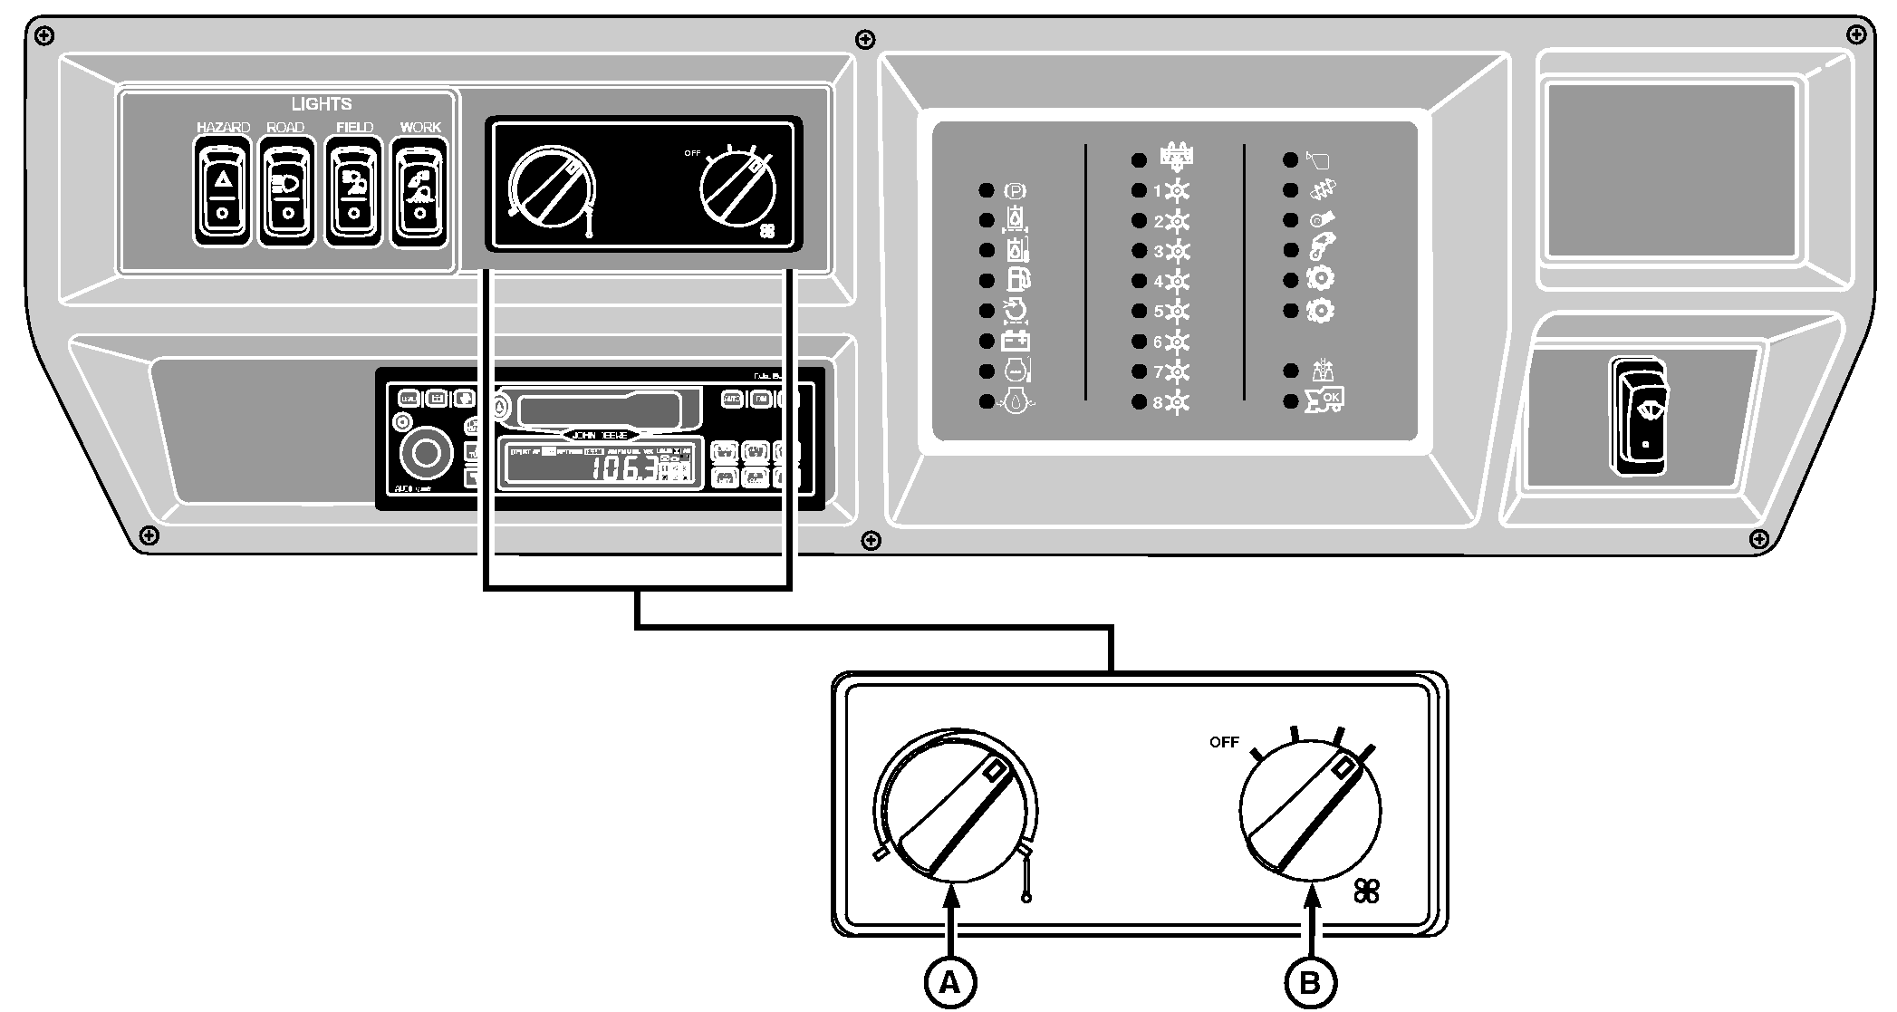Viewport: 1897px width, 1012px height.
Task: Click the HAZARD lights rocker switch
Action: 222,191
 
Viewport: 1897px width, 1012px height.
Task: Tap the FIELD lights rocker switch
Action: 353,191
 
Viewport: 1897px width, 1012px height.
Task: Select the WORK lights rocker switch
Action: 419,191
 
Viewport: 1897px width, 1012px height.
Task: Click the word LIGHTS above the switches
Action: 322,104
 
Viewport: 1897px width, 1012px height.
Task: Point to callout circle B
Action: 1311,981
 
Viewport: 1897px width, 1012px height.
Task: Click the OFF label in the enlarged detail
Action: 1224,742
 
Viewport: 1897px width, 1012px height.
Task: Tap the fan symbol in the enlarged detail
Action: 1367,892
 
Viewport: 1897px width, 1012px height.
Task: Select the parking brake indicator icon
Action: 1016,191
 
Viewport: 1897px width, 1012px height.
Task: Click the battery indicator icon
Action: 1016,342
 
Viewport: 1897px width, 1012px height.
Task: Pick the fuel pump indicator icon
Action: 1017,281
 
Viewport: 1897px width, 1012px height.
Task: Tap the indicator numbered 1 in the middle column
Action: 1172,191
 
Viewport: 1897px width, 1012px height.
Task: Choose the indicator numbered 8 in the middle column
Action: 1172,402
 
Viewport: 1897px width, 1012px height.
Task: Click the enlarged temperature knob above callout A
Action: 955,806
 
